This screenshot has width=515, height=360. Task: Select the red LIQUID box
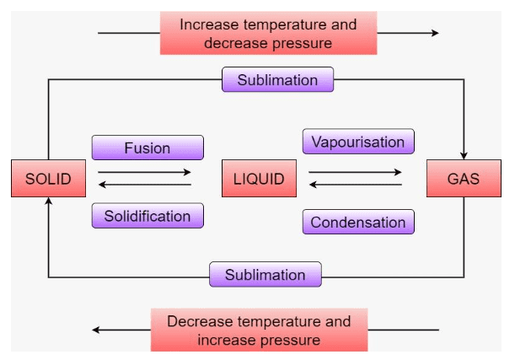[x=260, y=178]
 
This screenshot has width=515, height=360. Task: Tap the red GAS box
[x=464, y=178]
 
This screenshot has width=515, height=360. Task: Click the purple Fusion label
[x=148, y=148]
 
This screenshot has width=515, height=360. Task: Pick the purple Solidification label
[x=148, y=216]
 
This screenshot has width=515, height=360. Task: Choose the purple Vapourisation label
[x=358, y=142]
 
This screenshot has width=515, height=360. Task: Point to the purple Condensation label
[x=358, y=223]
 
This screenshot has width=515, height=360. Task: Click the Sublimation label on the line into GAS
[x=277, y=80]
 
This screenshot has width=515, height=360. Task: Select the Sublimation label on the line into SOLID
[x=265, y=275]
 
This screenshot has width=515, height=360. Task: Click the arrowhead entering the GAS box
[x=464, y=154]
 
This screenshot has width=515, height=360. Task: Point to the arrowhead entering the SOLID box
[x=48, y=201]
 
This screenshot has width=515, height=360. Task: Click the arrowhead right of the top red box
[x=434, y=33]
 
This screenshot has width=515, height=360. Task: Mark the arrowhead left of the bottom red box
[x=97, y=330]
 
